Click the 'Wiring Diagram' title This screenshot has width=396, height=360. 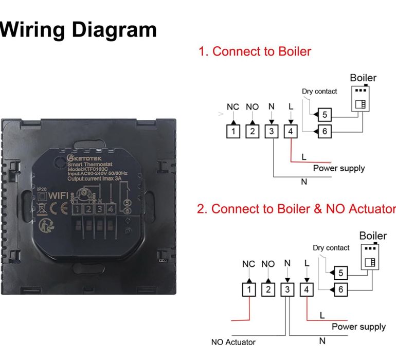point(78,29)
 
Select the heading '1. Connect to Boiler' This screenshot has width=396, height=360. point(255,51)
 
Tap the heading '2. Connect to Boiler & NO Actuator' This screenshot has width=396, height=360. point(296,209)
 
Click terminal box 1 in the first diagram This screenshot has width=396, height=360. point(233,131)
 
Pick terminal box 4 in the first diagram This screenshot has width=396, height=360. point(291,131)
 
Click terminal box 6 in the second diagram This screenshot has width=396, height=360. point(339,290)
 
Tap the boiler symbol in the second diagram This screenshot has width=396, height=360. point(370,256)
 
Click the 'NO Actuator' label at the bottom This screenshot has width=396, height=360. point(233,342)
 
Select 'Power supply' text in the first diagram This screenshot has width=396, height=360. point(339,168)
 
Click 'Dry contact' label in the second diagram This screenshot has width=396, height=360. point(331,247)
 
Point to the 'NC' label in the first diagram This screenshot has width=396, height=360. point(233,107)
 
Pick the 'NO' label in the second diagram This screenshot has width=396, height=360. point(268,264)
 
